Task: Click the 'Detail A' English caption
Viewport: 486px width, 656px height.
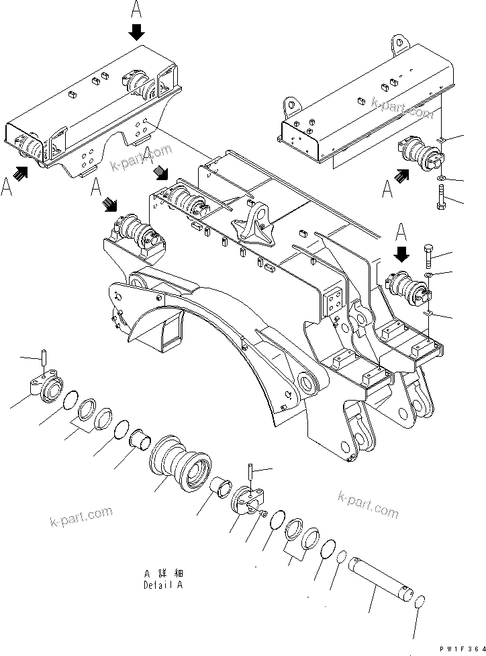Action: [162, 585]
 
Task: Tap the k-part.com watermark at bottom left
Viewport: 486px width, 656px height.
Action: [81, 518]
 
